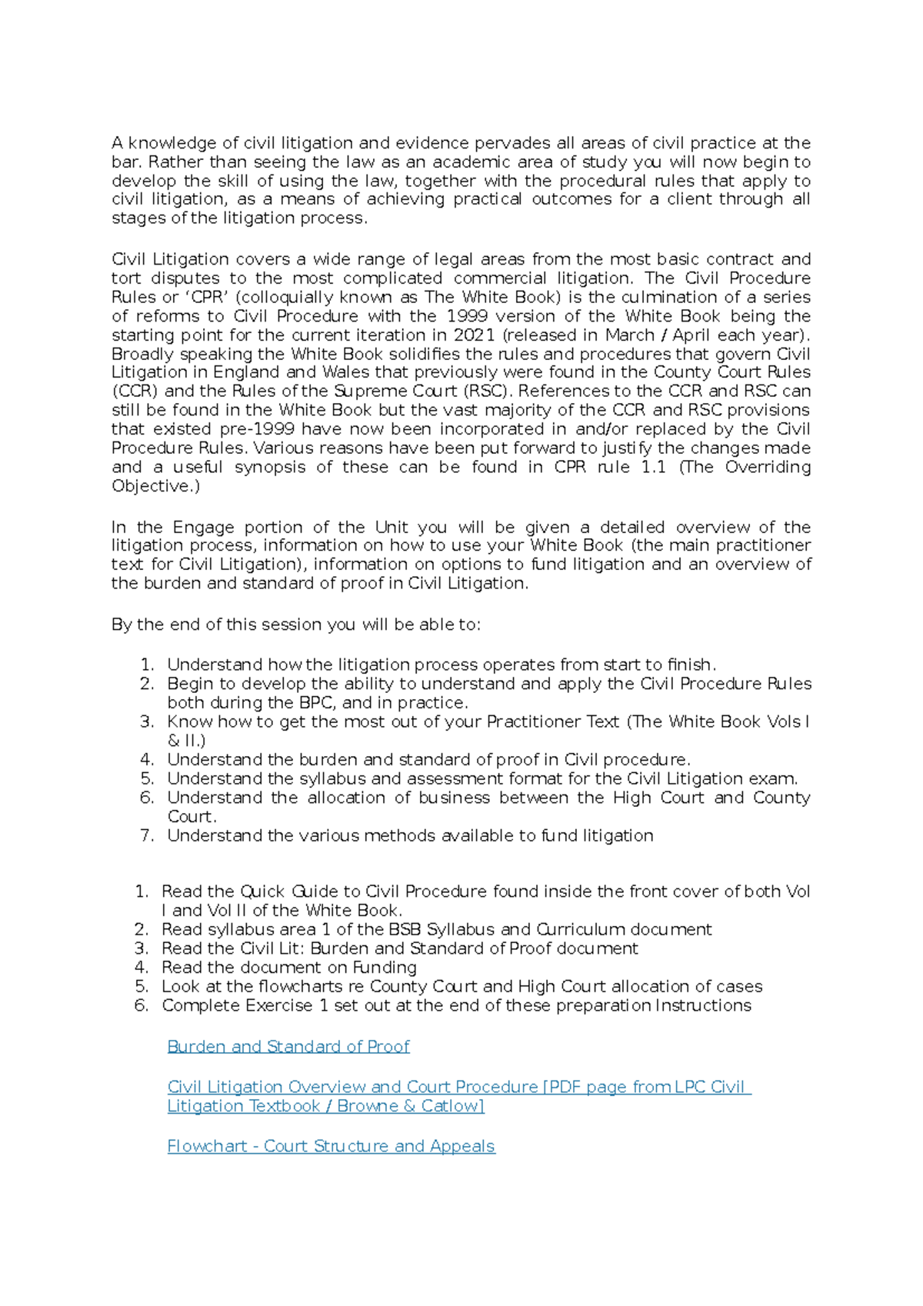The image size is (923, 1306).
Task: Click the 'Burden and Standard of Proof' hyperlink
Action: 288,1046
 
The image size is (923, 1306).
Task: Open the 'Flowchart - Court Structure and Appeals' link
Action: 331,1146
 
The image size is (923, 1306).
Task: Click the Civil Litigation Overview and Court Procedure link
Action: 458,1087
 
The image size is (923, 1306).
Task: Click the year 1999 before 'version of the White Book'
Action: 466,316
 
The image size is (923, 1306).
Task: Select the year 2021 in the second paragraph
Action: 474,335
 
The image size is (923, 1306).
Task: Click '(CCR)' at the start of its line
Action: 135,391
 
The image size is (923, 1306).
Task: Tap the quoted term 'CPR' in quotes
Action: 207,297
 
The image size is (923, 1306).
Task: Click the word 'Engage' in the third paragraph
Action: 203,528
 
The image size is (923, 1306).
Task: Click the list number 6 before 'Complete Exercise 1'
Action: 142,1006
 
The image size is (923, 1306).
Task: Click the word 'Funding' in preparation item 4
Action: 385,968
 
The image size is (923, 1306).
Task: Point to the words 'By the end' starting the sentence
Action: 156,625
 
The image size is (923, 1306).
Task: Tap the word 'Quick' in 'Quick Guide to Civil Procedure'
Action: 262,891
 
